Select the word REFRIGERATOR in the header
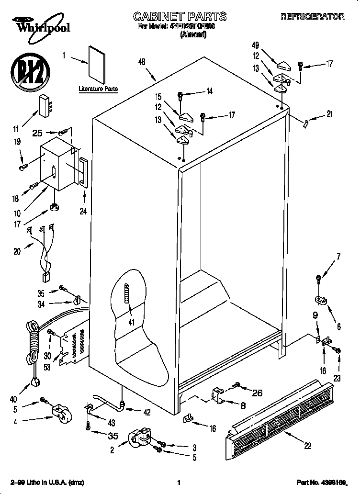point(312,17)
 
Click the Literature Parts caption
point(98,89)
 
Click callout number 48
point(141,61)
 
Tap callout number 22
point(307,446)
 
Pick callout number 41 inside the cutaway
point(132,323)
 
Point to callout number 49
point(255,45)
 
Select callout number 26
point(257,393)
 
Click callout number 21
point(329,114)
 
